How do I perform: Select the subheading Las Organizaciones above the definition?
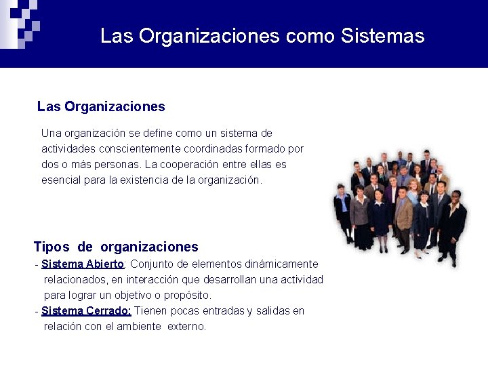click(101, 106)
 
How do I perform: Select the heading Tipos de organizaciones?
click(116, 247)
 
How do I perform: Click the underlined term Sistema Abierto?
click(82, 264)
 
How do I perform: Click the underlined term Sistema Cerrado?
click(86, 310)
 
